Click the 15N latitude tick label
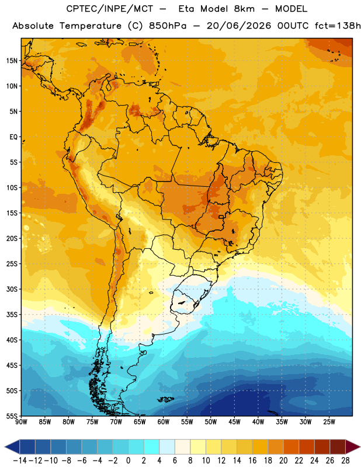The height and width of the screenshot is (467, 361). pyautogui.click(x=12, y=61)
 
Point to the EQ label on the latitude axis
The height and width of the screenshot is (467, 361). pyautogui.click(x=13, y=137)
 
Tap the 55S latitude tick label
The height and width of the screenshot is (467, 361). pyautogui.click(x=12, y=416)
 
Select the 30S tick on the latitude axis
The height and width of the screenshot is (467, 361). pyautogui.click(x=12, y=289)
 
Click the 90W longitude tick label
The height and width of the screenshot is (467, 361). pyautogui.click(x=22, y=422)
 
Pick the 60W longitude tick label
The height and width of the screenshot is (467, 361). pyautogui.click(x=164, y=422)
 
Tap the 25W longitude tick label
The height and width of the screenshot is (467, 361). pyautogui.click(x=329, y=422)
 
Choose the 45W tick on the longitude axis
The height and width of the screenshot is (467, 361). pyautogui.click(x=234, y=422)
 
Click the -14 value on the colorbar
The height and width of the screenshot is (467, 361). pyautogui.click(x=20, y=461)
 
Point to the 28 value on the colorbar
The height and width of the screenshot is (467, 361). pyautogui.click(x=345, y=461)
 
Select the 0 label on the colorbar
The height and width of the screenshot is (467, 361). pyautogui.click(x=128, y=461)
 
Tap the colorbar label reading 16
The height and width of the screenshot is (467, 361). pyautogui.click(x=252, y=461)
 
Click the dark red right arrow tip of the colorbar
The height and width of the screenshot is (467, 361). pyautogui.click(x=360, y=447)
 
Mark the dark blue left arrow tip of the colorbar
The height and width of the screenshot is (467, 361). pyautogui.click(x=5, y=447)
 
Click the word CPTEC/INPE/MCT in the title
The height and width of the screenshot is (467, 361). pyautogui.click(x=110, y=9)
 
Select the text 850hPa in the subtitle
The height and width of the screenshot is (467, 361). pyautogui.click(x=168, y=26)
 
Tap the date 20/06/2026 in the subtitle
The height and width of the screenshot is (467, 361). pyautogui.click(x=239, y=26)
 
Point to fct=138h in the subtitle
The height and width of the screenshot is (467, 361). pyautogui.click(x=338, y=26)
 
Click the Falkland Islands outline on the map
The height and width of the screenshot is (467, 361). pyautogui.click(x=166, y=399)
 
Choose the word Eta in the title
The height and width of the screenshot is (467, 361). pyautogui.click(x=186, y=9)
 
